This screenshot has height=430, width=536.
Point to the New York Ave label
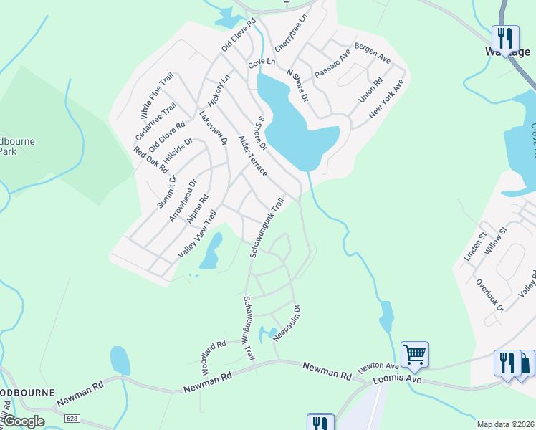(x=387, y=99)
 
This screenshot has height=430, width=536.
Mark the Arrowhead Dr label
(x=182, y=200)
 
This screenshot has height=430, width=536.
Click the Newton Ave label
(x=378, y=366)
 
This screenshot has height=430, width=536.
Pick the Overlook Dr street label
(x=490, y=295)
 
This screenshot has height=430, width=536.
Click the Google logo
(x=24, y=421)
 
